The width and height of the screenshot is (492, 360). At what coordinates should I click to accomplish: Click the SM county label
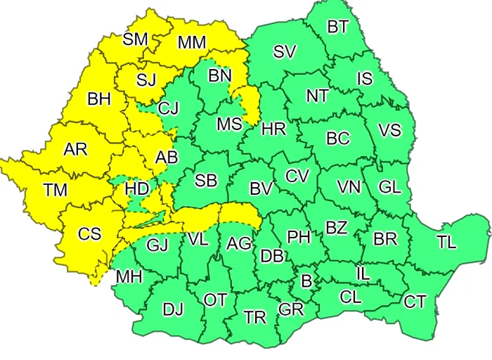pos(135,39)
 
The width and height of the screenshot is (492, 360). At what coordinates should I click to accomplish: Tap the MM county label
pos(191,43)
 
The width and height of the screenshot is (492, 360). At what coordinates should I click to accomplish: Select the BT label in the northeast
pos(338,27)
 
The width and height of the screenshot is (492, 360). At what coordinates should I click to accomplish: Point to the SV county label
pos(285,51)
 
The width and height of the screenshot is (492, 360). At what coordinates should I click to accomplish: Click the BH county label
pos(99,100)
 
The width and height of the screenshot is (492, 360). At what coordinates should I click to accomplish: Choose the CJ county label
pos(169,108)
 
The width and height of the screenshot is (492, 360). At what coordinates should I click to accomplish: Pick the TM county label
pos(55,190)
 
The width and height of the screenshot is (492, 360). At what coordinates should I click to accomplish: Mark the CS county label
pos(89,234)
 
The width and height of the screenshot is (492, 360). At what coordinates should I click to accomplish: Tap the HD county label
pos(136,189)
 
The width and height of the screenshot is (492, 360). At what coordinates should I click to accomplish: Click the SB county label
pos(206,181)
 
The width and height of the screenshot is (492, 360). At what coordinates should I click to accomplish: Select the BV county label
pos(261,189)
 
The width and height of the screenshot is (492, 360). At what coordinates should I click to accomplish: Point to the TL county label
pos(446,243)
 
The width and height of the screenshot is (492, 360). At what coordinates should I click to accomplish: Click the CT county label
pos(415,302)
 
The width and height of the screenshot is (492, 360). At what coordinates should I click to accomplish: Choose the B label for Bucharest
pos(306,281)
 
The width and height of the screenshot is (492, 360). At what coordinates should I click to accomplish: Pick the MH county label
pos(129,276)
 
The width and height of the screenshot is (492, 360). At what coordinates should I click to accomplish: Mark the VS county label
pos(389,131)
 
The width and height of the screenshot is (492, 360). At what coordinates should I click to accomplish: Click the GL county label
pos(389,187)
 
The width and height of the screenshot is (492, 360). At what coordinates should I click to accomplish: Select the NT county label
pos(317,96)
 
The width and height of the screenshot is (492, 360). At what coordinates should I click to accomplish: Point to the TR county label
pos(255,317)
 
